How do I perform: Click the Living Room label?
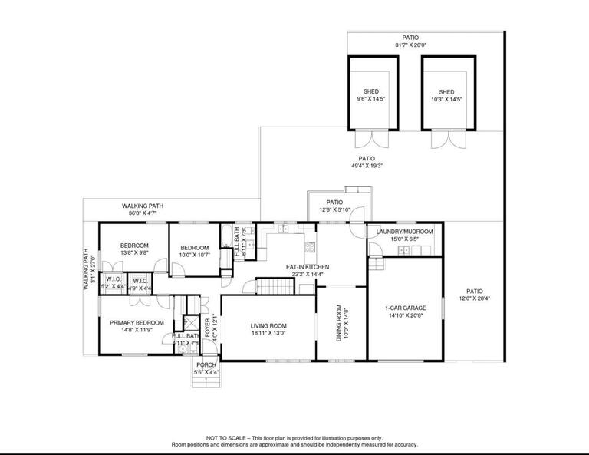268,326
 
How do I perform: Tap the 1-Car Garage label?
406,308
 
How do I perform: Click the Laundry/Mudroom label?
404,231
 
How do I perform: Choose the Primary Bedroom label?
137,322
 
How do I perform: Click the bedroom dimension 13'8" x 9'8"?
128,252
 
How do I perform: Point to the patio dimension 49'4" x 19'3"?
367,166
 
